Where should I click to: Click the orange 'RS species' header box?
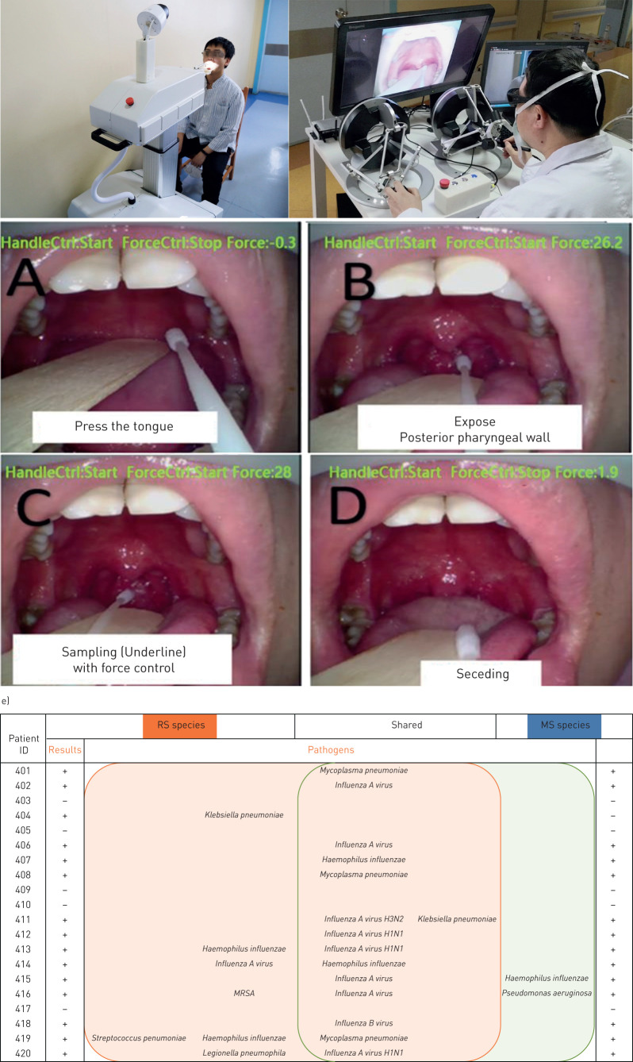coord(179,725)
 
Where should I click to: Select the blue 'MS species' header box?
coord(564,725)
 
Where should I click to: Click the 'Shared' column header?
coord(406,725)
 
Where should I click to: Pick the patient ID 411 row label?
coord(22,919)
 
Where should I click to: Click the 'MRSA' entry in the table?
coord(244,993)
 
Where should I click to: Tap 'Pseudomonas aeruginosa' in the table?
coord(547,993)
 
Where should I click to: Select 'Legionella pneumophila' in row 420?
coord(244,1053)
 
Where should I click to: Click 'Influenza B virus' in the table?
coord(363,1023)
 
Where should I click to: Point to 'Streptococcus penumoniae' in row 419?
coord(139,1038)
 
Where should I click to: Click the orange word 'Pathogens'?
coord(331,749)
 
